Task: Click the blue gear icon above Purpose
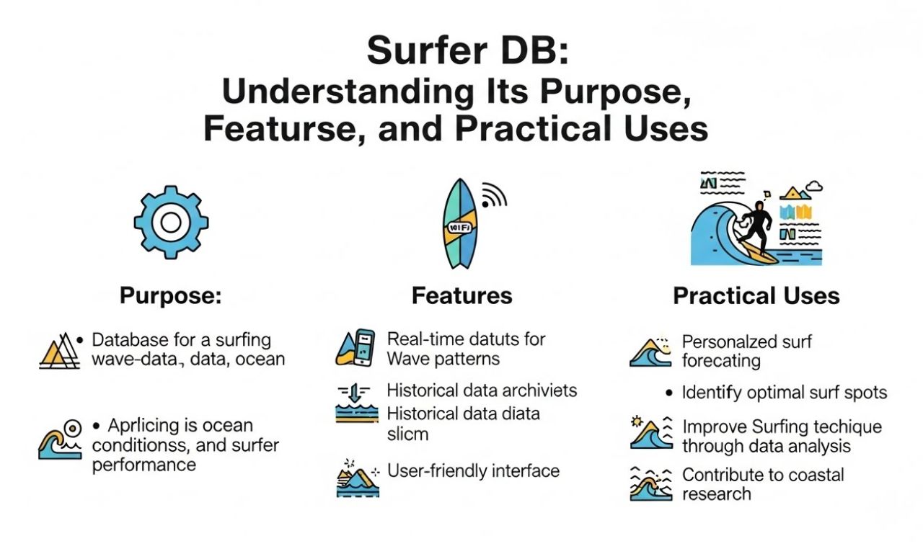(x=171, y=222)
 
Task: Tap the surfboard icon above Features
(x=459, y=223)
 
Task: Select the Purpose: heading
(x=170, y=295)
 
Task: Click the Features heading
(x=461, y=295)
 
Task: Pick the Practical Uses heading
(x=756, y=295)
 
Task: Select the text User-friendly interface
(x=473, y=471)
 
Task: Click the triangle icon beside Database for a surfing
(x=59, y=351)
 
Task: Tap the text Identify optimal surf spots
(x=784, y=393)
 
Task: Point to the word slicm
(x=407, y=434)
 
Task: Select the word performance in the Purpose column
(x=144, y=464)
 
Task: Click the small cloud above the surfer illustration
(x=814, y=187)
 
